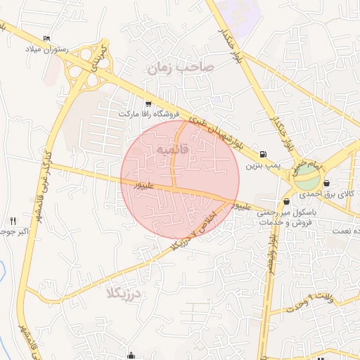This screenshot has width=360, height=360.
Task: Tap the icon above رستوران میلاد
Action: click(x=47, y=38)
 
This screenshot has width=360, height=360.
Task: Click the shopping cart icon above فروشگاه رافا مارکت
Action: click(x=147, y=103)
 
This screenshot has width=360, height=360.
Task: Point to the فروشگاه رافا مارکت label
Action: click(x=149, y=113)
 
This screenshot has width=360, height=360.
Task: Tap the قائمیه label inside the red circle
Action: click(x=172, y=150)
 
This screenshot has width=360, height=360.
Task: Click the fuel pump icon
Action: click(x=262, y=155)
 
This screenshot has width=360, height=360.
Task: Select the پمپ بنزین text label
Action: click(x=263, y=166)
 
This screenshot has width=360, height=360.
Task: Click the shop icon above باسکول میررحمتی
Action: click(x=286, y=202)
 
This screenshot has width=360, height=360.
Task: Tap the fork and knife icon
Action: click(x=13, y=221)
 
